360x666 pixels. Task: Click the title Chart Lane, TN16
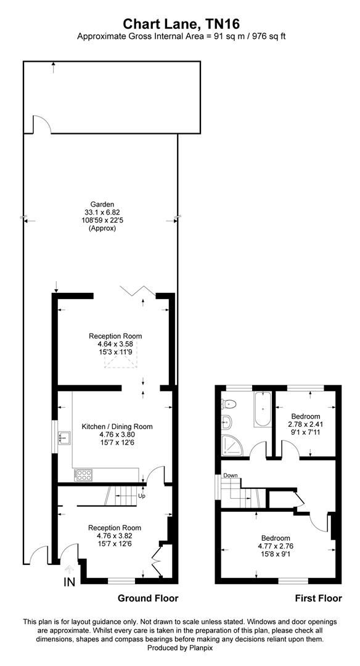(x=180, y=23)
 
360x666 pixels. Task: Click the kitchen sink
(x=63, y=438)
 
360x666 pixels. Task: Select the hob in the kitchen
(x=81, y=475)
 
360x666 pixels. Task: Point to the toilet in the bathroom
(x=229, y=405)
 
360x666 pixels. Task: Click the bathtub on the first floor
(x=260, y=410)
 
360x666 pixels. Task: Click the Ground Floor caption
(x=148, y=598)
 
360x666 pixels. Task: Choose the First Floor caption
(x=318, y=598)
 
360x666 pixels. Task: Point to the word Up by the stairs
(x=141, y=495)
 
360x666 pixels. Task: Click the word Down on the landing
(x=231, y=475)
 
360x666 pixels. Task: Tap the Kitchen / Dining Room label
(x=117, y=426)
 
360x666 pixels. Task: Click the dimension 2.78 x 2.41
(x=305, y=424)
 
